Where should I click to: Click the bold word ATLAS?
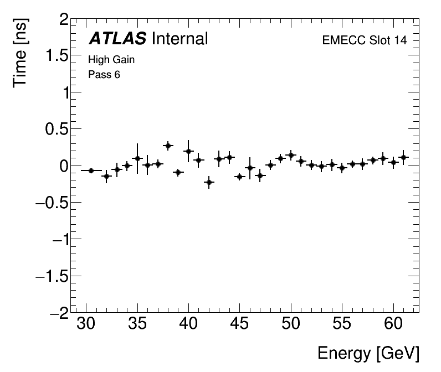117,39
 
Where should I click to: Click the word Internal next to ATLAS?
179,39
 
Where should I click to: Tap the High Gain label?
111,60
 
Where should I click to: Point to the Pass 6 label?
104,74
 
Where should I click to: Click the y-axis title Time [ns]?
21,52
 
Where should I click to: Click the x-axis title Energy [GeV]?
368,353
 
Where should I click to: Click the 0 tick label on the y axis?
64,166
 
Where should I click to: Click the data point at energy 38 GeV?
168,146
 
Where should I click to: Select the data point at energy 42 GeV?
209,182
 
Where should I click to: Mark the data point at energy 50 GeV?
291,155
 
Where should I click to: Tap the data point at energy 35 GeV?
137,158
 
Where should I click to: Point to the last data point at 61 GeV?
403,157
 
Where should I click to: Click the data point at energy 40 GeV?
188,151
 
